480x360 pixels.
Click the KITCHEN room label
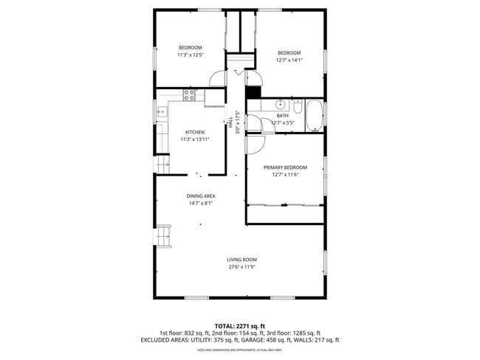tap(195, 132)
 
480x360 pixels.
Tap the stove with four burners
tap(190, 94)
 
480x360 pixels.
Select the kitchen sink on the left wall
tap(160, 113)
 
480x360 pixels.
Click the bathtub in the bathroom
tap(315, 115)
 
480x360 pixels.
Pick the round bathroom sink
tap(281, 103)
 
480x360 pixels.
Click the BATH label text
tap(283, 115)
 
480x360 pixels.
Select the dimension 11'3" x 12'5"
tap(190, 55)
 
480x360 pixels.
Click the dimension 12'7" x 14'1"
tap(289, 60)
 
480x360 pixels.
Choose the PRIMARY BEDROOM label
tap(285, 167)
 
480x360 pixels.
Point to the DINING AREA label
tap(200, 195)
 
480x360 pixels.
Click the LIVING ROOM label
tap(241, 260)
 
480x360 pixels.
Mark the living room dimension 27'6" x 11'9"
tap(241, 267)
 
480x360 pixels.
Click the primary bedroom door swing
tap(255, 145)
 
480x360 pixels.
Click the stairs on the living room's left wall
tap(163, 237)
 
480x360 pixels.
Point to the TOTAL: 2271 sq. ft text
tap(240, 325)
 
